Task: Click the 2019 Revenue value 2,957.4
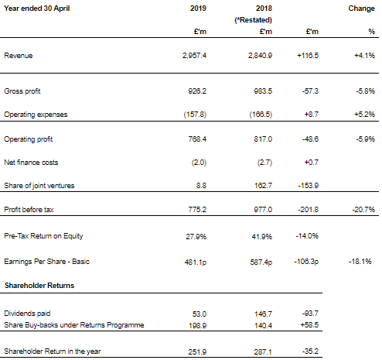pyautogui.click(x=194, y=56)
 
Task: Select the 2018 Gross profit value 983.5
pyautogui.click(x=263, y=91)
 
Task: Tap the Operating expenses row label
pyautogui.click(x=36, y=115)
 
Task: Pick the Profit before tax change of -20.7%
pyautogui.click(x=363, y=209)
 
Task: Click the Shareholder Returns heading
pyautogui.click(x=39, y=286)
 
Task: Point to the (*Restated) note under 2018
pyautogui.click(x=253, y=20)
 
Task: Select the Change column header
pyautogui.click(x=361, y=9)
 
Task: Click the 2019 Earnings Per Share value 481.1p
pyautogui.click(x=196, y=262)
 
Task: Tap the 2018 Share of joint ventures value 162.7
pyautogui.click(x=263, y=186)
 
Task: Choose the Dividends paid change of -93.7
pyautogui.click(x=310, y=314)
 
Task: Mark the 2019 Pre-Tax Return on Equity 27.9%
pyautogui.click(x=196, y=236)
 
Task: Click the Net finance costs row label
pyautogui.click(x=31, y=163)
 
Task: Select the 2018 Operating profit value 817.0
pyautogui.click(x=263, y=139)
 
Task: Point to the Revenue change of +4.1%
pyautogui.click(x=364, y=56)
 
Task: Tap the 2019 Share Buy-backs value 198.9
pyautogui.click(x=197, y=326)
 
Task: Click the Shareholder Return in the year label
pyautogui.click(x=53, y=351)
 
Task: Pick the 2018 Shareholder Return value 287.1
pyautogui.click(x=263, y=352)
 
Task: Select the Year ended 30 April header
pyautogui.click(x=37, y=9)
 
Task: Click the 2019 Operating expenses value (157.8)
pyautogui.click(x=195, y=115)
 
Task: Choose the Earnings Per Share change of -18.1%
pyautogui.click(x=360, y=262)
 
